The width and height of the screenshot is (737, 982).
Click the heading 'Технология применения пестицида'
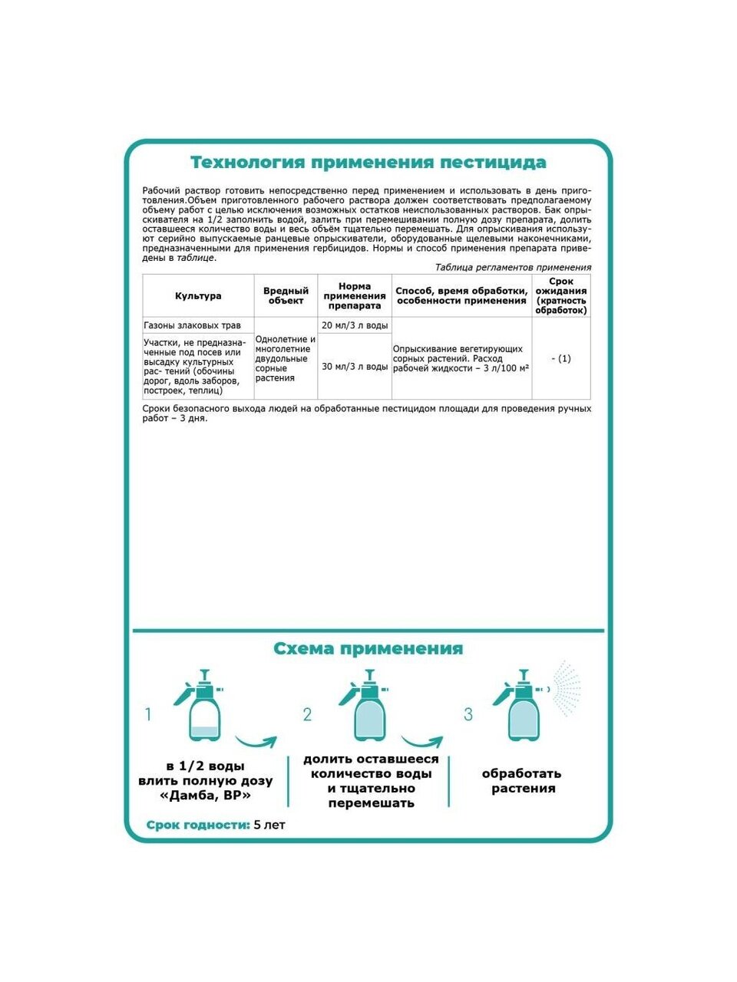368,163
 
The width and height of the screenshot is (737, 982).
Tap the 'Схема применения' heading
368,649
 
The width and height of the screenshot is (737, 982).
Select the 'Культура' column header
198,296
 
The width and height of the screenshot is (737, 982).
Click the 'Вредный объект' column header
286,296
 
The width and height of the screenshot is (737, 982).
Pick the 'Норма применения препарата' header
354,296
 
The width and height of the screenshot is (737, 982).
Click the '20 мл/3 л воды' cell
354,325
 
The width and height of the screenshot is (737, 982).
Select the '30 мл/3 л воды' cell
354,367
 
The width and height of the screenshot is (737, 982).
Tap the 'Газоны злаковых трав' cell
193,325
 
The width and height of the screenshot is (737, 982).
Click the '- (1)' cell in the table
561,358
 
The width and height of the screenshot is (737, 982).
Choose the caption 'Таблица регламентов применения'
513,268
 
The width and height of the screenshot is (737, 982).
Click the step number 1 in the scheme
149,715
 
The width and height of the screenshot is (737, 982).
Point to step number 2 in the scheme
307,715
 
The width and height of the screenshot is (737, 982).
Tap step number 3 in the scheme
468,715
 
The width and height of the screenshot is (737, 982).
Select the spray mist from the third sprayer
565,688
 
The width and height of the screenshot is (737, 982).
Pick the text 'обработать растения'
523,781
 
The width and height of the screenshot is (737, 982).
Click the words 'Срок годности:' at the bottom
198,825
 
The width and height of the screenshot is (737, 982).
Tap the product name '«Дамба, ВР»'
205,796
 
